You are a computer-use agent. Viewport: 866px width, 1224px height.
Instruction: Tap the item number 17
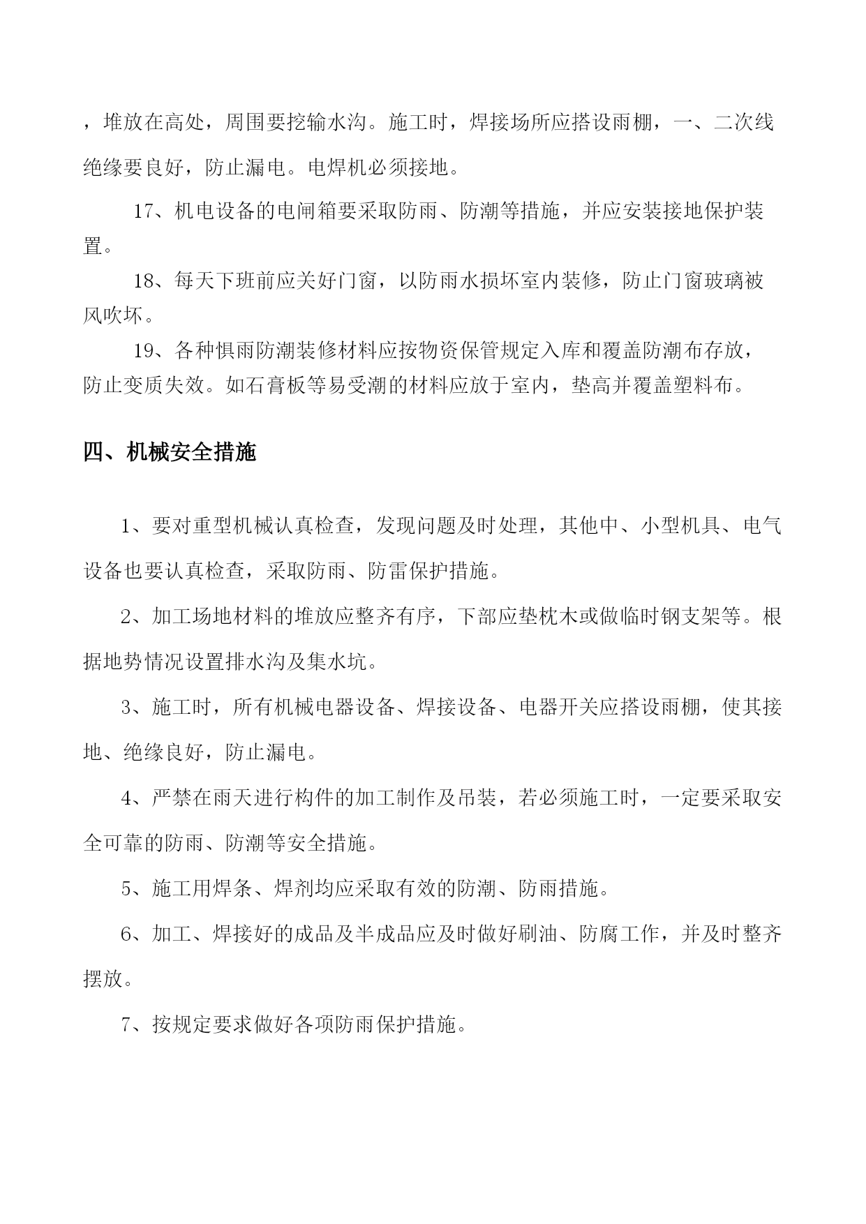(143, 211)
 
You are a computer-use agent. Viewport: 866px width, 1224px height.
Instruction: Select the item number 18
(143, 281)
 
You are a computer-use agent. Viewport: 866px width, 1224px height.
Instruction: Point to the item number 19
(143, 350)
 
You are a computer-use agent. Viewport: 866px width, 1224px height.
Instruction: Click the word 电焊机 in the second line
(338, 167)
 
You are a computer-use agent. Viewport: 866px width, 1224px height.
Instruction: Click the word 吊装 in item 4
(477, 798)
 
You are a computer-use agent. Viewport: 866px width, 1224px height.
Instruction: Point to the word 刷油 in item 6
(538, 934)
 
